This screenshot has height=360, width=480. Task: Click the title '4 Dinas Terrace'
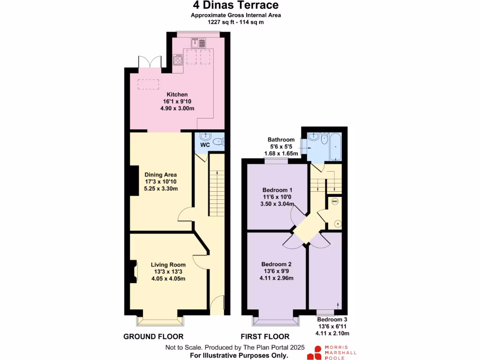pyautogui.click(x=236, y=6)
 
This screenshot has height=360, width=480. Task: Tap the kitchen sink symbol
pyautogui.click(x=198, y=43)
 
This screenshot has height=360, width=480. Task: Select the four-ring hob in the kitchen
pyautogui.click(x=178, y=60)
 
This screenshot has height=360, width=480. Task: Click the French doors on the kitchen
pyautogui.click(x=146, y=63)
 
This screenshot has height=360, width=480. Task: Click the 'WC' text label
pyautogui.click(x=205, y=145)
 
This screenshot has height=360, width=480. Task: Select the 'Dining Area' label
pyautogui.click(x=161, y=175)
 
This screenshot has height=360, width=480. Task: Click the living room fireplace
pyautogui.click(x=133, y=271)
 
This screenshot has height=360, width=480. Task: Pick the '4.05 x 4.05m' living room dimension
pyautogui.click(x=168, y=279)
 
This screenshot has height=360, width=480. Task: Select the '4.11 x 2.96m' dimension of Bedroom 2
pyautogui.click(x=277, y=278)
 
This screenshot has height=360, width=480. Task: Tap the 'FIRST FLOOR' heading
pyautogui.click(x=265, y=337)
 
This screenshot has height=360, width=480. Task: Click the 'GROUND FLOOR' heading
pyautogui.click(x=153, y=337)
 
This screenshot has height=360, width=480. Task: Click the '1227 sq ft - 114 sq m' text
pyautogui.click(x=236, y=22)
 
